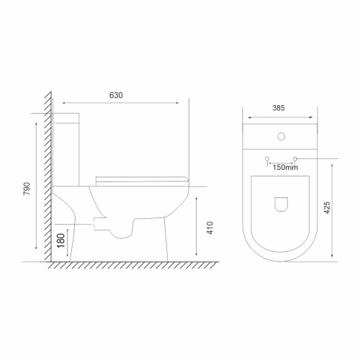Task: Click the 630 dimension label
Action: coord(116,95)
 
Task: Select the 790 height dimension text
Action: coord(27,189)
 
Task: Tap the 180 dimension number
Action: coord(61,240)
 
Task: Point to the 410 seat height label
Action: coord(210,228)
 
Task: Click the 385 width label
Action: coord(279,108)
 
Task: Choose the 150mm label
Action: coord(285,167)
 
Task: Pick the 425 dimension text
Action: coord(327,207)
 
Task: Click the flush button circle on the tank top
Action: coord(281,137)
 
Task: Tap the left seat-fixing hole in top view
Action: coord(267,159)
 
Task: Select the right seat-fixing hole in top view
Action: coord(295,159)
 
